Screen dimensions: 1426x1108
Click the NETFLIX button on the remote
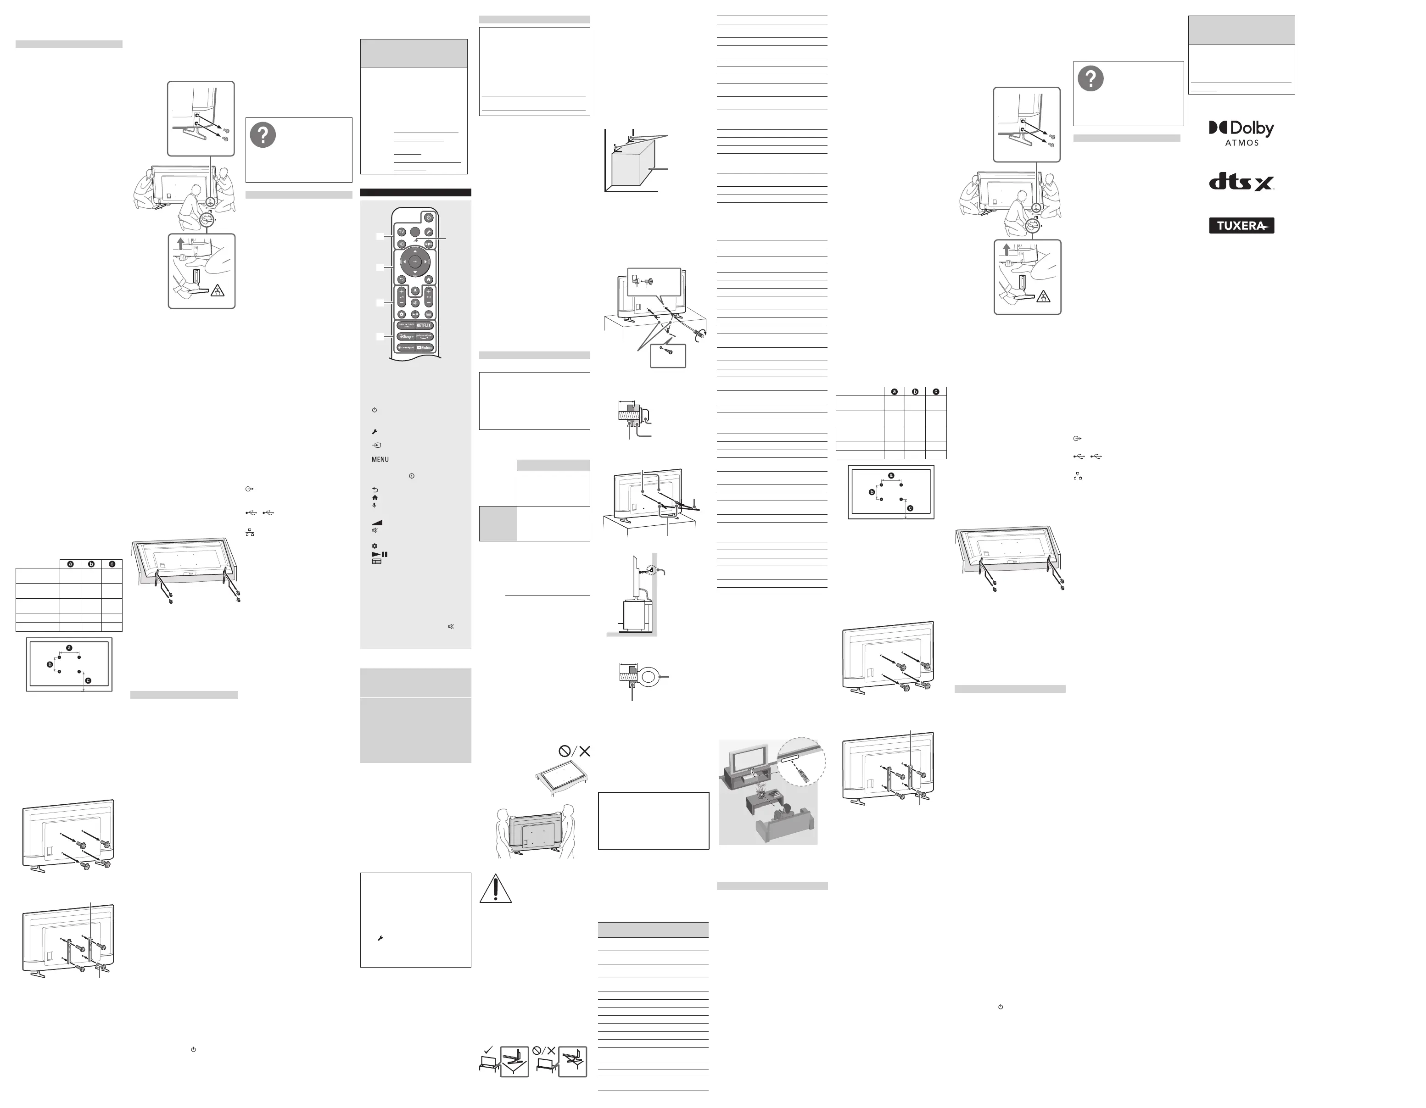pyautogui.click(x=424, y=325)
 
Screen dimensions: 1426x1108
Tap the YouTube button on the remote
pyautogui.click(x=424, y=348)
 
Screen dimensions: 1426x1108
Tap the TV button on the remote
pyautogui.click(x=402, y=232)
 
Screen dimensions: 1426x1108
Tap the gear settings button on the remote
pyautogui.click(x=402, y=314)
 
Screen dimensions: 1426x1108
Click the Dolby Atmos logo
pyautogui.click(x=1241, y=133)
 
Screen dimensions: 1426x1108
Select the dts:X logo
pyautogui.click(x=1241, y=181)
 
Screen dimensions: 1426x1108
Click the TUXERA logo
pyautogui.click(x=1241, y=226)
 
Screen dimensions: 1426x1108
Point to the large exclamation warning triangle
pyautogui.click(x=496, y=889)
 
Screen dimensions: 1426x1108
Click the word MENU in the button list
pyautogui.click(x=380, y=459)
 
